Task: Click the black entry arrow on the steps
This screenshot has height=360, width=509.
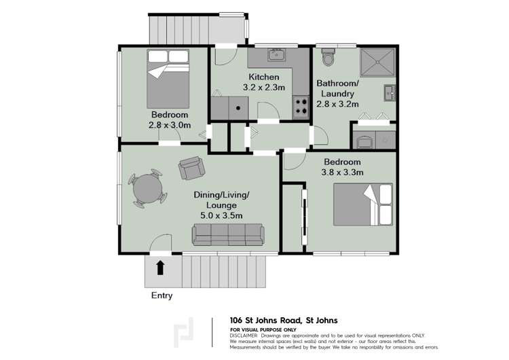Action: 161,267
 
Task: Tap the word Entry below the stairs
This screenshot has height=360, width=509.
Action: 162,295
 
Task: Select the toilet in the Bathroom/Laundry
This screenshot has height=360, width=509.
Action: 329,58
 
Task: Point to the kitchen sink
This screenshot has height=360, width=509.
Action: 277,54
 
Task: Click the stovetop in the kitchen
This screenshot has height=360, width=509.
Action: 300,106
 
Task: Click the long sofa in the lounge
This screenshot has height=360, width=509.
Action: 227,235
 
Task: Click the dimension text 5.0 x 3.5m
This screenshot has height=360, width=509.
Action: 222,215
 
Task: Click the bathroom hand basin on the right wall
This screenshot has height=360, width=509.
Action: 388,92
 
